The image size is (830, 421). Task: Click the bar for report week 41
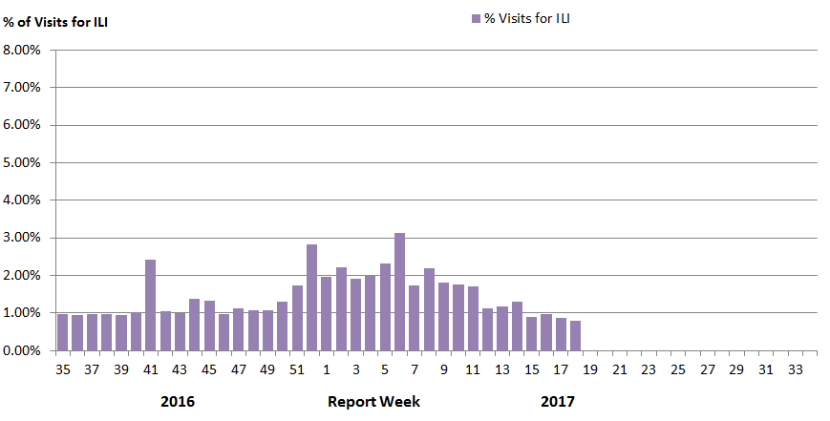150,305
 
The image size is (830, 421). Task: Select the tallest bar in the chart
399,292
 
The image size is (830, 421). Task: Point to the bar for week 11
473,319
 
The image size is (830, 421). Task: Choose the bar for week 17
561,334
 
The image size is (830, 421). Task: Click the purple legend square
476,18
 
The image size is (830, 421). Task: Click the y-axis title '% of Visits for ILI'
55,23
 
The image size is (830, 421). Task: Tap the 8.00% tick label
21,50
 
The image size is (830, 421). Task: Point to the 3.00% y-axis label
21,238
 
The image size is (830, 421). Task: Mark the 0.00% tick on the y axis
21,350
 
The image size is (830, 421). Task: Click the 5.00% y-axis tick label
21,162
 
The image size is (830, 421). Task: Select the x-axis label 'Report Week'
373,402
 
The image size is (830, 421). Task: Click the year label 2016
178,402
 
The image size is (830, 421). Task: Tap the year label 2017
558,402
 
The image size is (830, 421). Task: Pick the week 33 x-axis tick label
795,369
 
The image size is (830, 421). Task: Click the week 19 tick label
590,369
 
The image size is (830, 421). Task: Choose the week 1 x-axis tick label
327,369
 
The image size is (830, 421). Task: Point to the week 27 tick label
707,369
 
